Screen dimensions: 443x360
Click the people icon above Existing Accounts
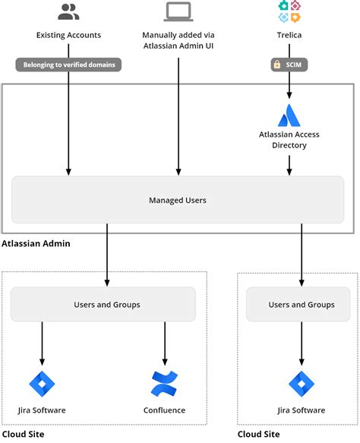pyautogui.click(x=68, y=11)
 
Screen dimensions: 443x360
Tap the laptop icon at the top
pyautogui.click(x=178, y=11)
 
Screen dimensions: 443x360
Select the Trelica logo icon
pyautogui.click(x=289, y=11)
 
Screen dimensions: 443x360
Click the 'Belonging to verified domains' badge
pyautogui.click(x=69, y=65)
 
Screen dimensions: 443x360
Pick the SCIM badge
pyautogui.click(x=289, y=65)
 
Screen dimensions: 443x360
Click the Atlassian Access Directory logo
pyautogui.click(x=289, y=115)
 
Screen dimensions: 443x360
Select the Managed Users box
pyautogui.click(x=178, y=201)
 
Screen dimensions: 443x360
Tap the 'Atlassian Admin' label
pyautogui.click(x=36, y=244)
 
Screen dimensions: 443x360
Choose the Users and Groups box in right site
pyautogui.click(x=302, y=305)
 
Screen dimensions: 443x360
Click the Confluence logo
pyautogui.click(x=164, y=384)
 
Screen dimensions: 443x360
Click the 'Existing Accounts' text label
pyautogui.click(x=68, y=35)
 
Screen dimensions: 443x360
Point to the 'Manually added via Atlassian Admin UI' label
pyautogui.click(x=178, y=40)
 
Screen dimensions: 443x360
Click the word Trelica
pyautogui.click(x=289, y=35)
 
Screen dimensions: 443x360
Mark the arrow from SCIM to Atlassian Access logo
pyautogui.click(x=289, y=86)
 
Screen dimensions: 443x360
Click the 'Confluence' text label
pyautogui.click(x=164, y=410)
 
